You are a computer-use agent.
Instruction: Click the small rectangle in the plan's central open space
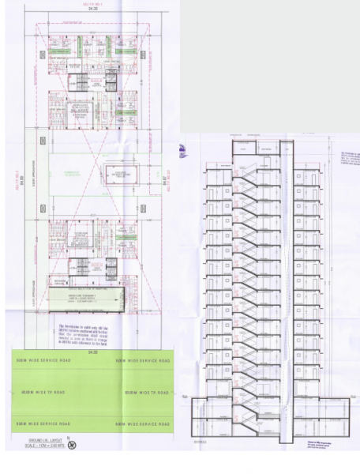118,175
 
